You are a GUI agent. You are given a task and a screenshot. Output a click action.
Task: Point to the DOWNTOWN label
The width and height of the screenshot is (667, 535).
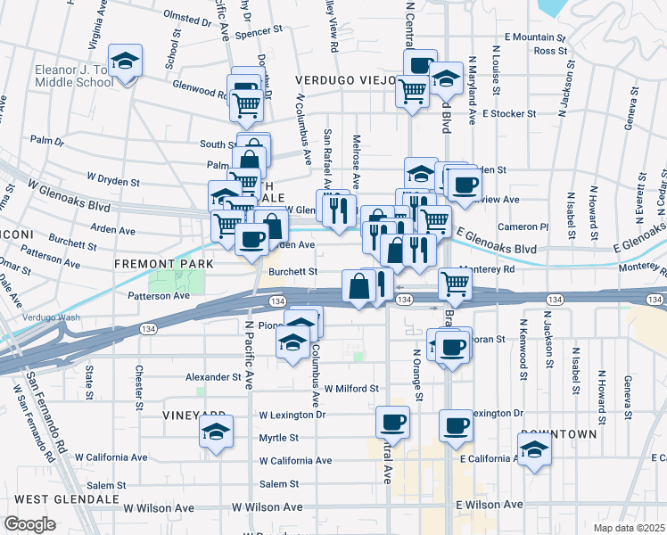[558, 433]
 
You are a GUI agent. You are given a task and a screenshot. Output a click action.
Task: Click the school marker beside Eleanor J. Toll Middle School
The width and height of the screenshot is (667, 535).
[125, 62]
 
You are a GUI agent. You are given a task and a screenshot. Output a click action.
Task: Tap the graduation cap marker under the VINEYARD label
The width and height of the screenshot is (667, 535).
[215, 432]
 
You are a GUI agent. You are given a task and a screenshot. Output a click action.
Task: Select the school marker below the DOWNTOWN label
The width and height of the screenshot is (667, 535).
[534, 450]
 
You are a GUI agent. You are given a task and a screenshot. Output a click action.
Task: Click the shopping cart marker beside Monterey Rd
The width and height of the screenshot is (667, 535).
[455, 284]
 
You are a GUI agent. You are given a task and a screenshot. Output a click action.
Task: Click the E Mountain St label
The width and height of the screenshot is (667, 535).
[535, 37]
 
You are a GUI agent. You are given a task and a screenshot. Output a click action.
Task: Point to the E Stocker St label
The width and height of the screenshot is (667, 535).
[508, 114]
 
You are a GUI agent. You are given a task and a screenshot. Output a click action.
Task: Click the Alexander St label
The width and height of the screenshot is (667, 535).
[213, 377]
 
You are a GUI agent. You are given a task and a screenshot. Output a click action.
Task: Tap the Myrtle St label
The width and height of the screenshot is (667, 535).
[278, 438]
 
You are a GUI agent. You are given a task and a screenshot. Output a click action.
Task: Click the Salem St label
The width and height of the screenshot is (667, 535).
[278, 484]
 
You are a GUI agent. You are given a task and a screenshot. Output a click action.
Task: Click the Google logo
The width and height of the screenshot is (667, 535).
[29, 524]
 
